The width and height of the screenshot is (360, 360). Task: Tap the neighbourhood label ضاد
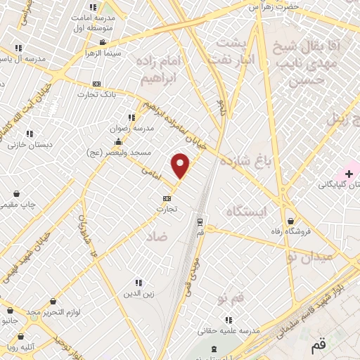coord(157,238)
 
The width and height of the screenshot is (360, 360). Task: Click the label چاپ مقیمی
coord(16,204)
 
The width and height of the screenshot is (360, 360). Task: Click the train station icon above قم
coord(200,219)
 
